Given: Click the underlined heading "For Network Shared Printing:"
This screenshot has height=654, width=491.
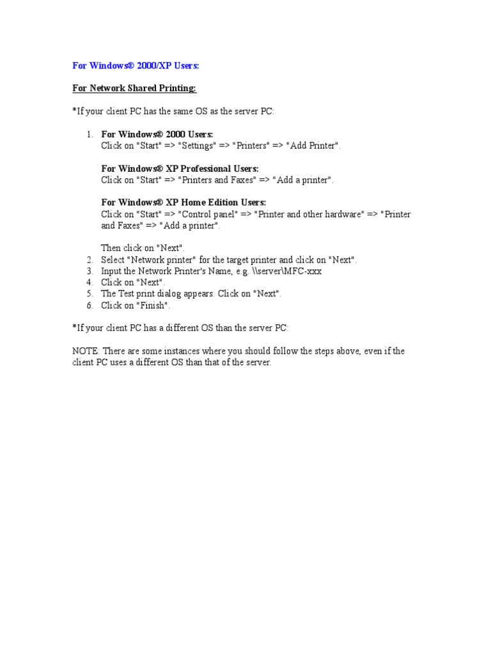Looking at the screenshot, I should tap(129, 88).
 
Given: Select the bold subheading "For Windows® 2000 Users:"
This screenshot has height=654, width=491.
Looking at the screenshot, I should tap(157, 134).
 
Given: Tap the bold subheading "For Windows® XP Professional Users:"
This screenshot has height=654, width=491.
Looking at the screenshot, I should tap(180, 169).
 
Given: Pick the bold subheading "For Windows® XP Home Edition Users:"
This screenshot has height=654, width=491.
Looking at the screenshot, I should tap(183, 202).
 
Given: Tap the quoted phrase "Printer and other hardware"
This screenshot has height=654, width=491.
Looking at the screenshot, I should tap(308, 214).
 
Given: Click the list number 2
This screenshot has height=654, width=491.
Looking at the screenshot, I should tap(90, 260).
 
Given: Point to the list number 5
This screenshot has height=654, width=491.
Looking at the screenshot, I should tap(90, 294).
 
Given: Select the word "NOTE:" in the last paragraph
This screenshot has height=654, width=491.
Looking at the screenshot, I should tap(86, 351).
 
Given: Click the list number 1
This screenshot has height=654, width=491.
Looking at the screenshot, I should tap(90, 134).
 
